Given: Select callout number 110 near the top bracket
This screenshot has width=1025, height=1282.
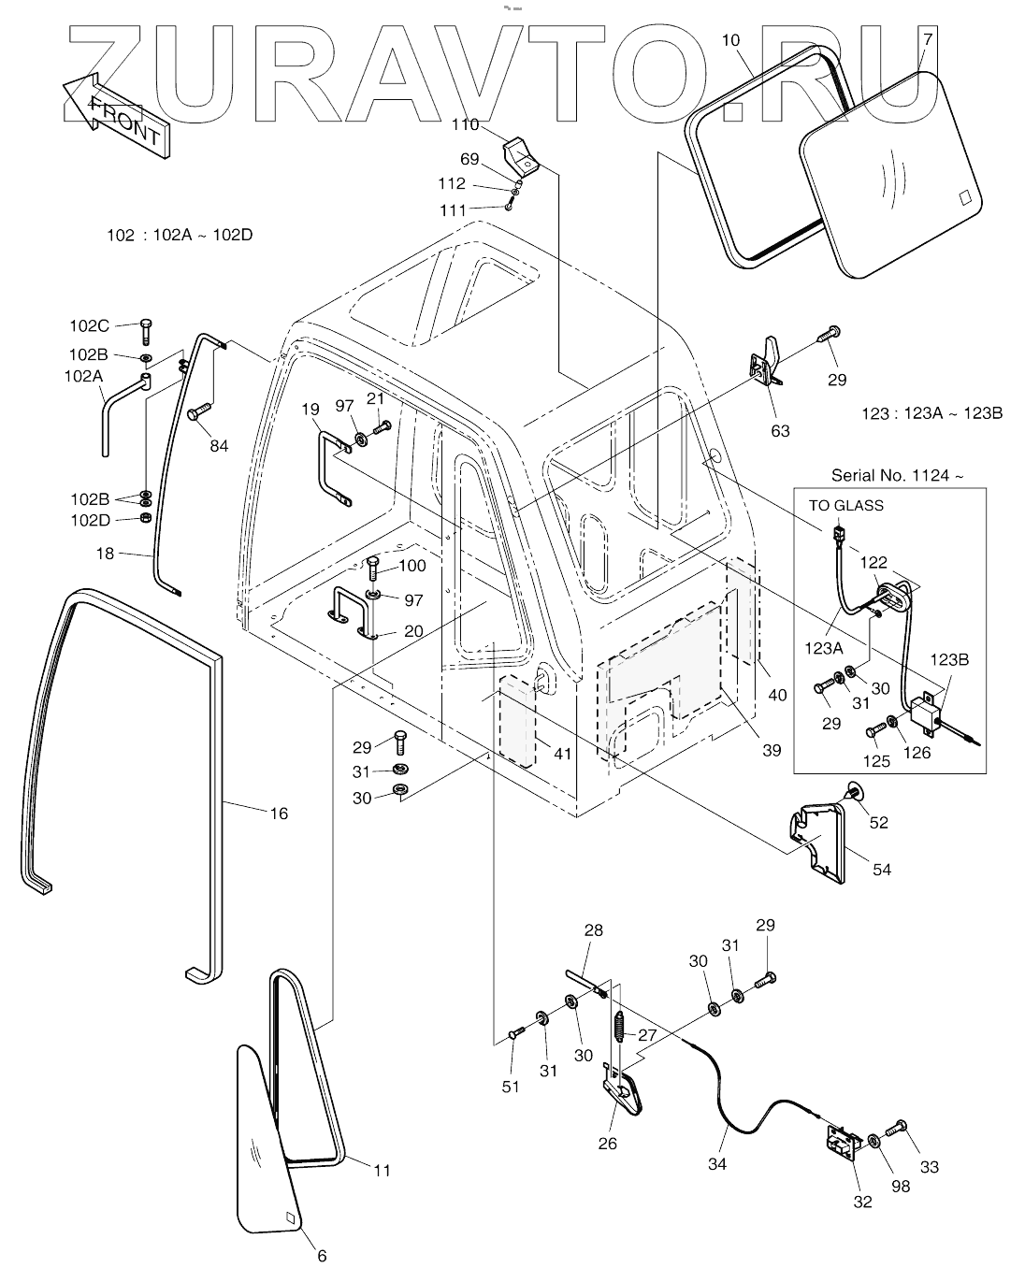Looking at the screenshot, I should tap(465, 124).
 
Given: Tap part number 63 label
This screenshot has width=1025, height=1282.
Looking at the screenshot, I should tap(780, 430).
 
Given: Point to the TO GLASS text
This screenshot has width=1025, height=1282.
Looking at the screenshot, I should tap(845, 506).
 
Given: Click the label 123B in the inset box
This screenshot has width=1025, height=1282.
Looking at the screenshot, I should tap(949, 659).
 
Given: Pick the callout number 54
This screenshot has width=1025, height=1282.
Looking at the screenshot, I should tap(881, 870).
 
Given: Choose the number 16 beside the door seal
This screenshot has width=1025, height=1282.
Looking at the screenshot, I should tap(279, 814).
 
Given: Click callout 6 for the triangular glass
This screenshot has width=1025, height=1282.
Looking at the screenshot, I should tap(322, 1256).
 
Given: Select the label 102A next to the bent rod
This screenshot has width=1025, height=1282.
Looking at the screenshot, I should tap(84, 376).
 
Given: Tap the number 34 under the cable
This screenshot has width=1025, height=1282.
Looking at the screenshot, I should tap(716, 1164).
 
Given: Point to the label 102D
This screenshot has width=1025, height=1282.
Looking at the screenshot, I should tap(90, 520).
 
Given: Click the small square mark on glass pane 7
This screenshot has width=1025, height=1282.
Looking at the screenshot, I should tap(965, 197).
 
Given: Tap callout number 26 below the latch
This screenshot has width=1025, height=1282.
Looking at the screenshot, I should tap(607, 1143).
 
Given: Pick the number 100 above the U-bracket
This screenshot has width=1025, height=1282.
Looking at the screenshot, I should tap(412, 566).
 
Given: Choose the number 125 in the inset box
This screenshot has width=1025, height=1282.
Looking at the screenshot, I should tap(875, 761).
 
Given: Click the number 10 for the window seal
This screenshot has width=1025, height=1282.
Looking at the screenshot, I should tap(731, 40).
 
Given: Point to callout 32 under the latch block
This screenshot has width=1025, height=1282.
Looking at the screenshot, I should tap(862, 1202).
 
